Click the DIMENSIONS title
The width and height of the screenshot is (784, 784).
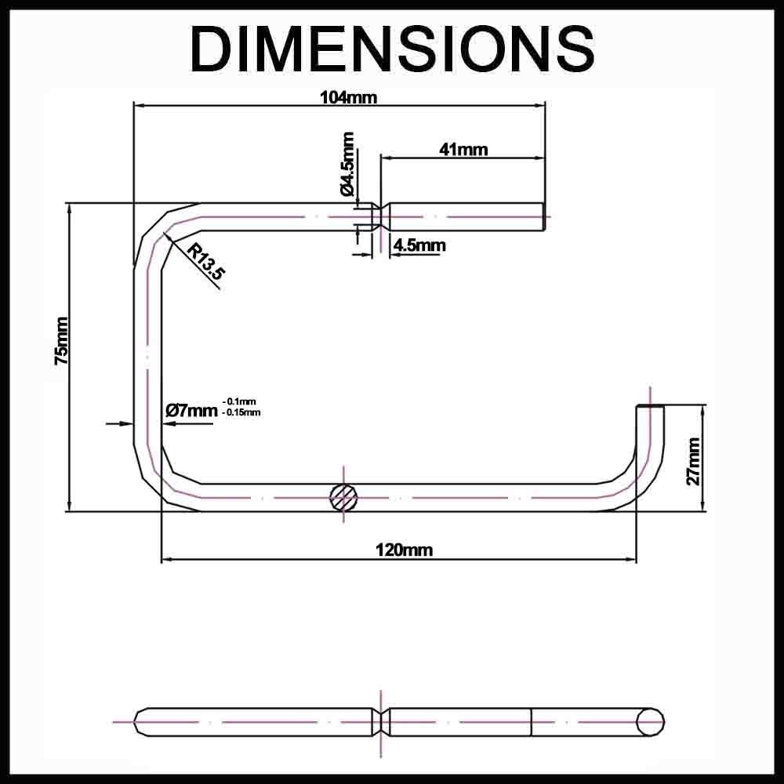(392, 49)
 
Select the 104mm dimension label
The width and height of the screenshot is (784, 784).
(349, 97)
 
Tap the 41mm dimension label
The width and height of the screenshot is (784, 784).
(463, 149)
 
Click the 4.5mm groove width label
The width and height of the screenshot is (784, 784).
(419, 245)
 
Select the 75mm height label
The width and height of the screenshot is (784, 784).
(62, 341)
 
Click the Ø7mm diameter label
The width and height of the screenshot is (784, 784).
(191, 411)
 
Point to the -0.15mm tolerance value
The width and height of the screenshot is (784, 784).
(241, 412)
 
